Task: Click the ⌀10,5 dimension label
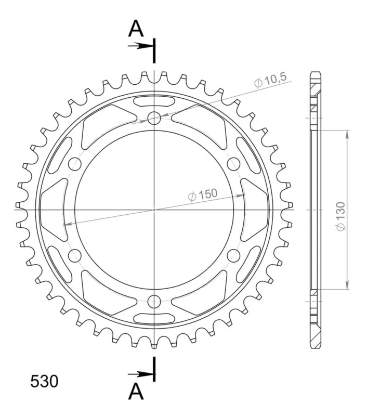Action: [270, 80]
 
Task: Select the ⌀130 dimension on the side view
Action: [341, 216]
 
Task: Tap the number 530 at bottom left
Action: [44, 382]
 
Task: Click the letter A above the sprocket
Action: [136, 29]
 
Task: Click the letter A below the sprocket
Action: [136, 392]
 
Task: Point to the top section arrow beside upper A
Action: [140, 46]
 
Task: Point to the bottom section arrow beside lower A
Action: [140, 374]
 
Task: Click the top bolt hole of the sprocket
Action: [154, 118]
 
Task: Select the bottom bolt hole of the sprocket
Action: [154, 301]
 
